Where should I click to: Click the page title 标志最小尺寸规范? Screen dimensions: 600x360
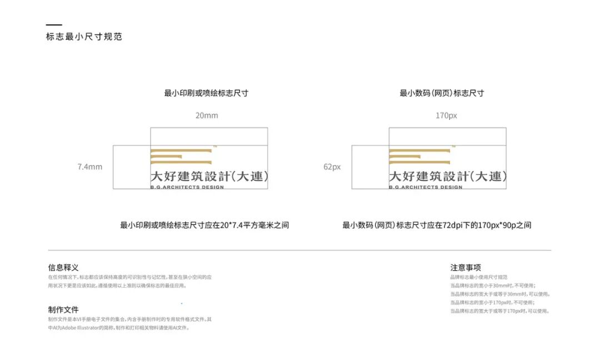click(x=84, y=37)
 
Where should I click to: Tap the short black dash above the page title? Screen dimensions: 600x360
click(x=53, y=25)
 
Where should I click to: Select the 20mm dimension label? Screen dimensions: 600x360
click(x=207, y=116)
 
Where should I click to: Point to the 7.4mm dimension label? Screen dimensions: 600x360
click(x=90, y=167)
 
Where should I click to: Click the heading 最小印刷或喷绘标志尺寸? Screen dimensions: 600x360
click(x=206, y=93)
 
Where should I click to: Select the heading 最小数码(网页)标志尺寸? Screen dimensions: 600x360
click(x=442, y=93)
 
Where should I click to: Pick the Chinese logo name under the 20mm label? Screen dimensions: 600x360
click(x=209, y=177)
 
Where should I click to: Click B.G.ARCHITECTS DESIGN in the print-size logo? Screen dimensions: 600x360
click(x=187, y=187)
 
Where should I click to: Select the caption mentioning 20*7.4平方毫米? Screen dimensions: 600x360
click(x=204, y=225)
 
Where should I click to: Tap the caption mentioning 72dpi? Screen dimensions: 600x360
click(x=437, y=225)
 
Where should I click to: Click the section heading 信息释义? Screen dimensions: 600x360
click(x=63, y=268)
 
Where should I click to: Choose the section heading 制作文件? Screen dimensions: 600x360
click(x=63, y=310)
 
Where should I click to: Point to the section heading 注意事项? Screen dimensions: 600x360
click(x=466, y=268)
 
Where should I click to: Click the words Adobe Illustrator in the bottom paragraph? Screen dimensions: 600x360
click(x=79, y=328)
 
